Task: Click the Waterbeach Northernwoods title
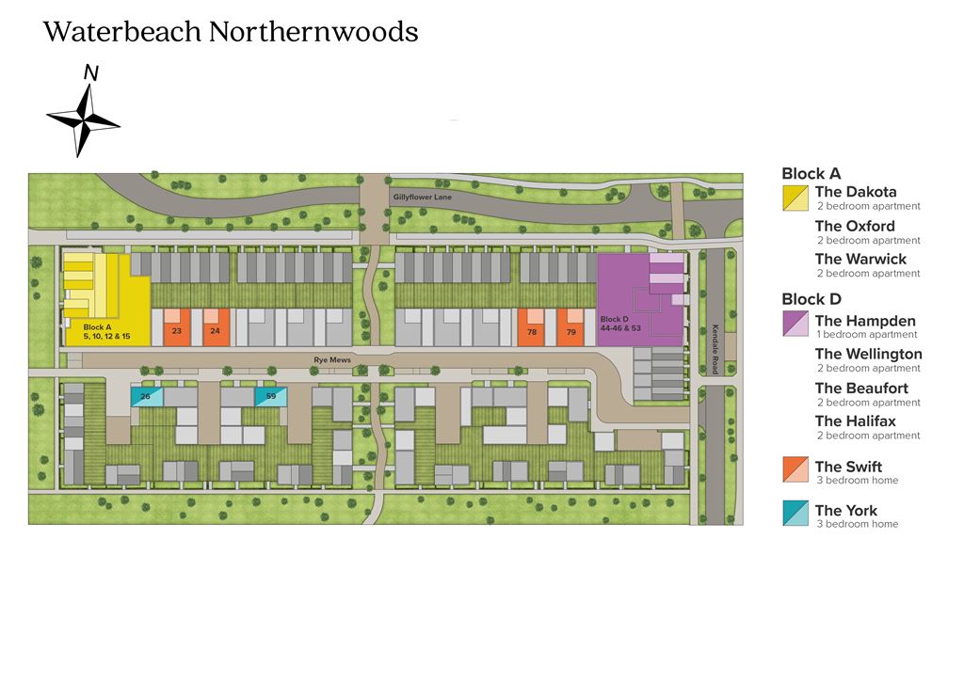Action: (x=231, y=32)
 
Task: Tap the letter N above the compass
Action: (x=91, y=73)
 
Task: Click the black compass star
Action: (x=83, y=119)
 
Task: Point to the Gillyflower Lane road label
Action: (x=423, y=198)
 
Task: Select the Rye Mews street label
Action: (x=332, y=360)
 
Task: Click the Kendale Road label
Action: (x=715, y=349)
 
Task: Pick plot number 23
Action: (x=177, y=327)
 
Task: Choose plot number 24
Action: (x=216, y=327)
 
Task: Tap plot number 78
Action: (x=531, y=327)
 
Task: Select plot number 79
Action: (x=570, y=327)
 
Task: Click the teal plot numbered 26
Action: (x=146, y=396)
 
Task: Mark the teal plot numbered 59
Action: (x=271, y=396)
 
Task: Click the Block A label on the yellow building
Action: (x=107, y=332)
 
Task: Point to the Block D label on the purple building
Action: (x=620, y=324)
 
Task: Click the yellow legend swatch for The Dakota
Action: (x=795, y=198)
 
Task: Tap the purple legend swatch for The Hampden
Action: (x=795, y=324)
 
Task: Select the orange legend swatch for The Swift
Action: (x=795, y=469)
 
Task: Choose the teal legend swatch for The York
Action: (x=795, y=513)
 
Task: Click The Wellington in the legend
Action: (x=869, y=354)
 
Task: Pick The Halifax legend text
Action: (x=855, y=420)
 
